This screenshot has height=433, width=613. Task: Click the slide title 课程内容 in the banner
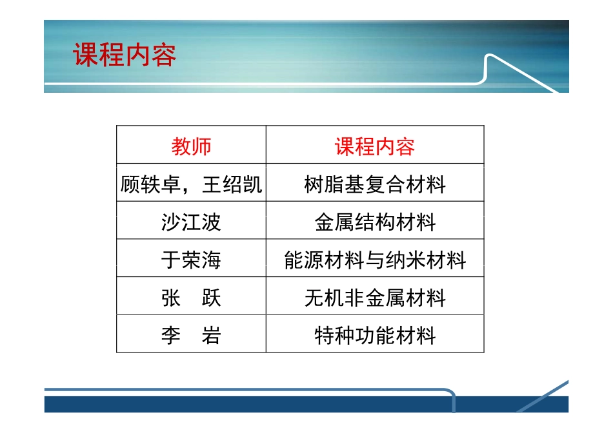tap(125, 56)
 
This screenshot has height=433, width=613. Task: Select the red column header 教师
tap(191, 146)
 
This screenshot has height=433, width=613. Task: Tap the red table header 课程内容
tap(374, 146)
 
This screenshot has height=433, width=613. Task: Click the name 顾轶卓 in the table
tap(150, 185)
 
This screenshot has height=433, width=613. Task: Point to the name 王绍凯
tap(232, 185)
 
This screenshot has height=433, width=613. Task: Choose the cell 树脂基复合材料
tap(374, 185)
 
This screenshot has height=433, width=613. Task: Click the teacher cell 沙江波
tap(191, 222)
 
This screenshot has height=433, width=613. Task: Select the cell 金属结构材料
tap(374, 222)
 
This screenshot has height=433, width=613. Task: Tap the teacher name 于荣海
tap(191, 260)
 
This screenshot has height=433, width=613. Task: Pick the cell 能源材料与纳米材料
tap(374, 260)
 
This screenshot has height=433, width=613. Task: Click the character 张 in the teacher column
tap(171, 298)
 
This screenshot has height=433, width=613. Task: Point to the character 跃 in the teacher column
tap(211, 298)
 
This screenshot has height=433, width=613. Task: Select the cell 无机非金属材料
tap(374, 298)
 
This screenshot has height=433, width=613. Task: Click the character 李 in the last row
tap(171, 336)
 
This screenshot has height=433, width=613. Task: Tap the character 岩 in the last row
tap(211, 336)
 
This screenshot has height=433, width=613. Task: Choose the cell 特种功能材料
tap(374, 336)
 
